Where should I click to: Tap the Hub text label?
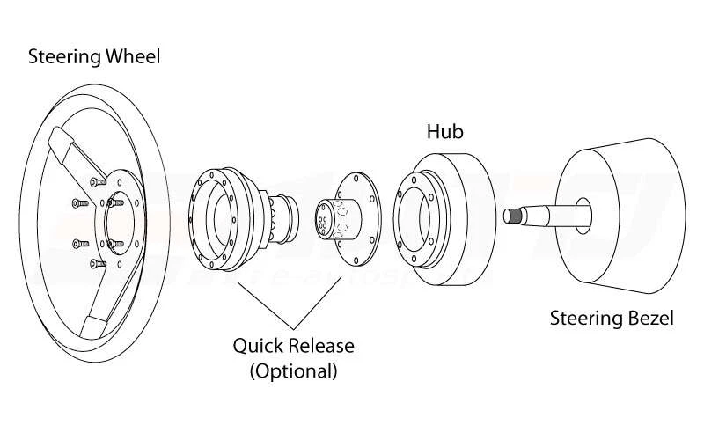tap(444, 132)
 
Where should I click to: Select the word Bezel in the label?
tap(646, 318)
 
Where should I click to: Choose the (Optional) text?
tap(293, 370)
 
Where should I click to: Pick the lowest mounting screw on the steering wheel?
tap(95, 263)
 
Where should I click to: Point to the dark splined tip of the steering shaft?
tap(514, 214)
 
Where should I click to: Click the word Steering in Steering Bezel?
tap(583, 318)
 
